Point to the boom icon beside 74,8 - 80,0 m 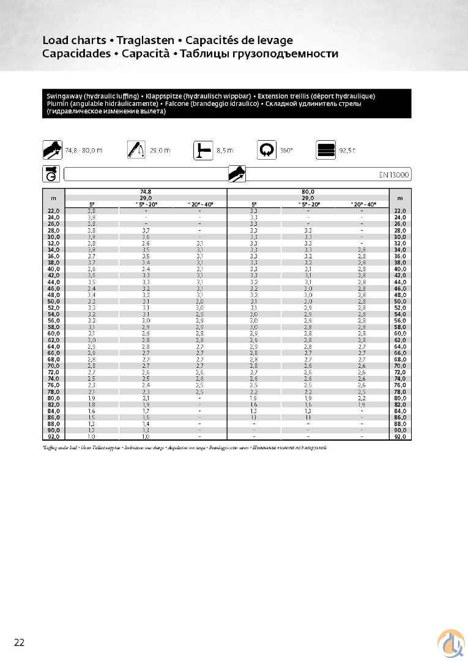click(52, 149)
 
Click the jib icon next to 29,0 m click(136, 149)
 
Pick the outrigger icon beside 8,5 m click(202, 149)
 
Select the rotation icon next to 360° click(267, 149)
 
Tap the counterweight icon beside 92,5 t click(325, 149)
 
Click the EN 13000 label click(393, 175)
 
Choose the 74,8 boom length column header click(146, 192)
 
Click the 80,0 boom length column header click(308, 192)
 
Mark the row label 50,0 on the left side click(54, 302)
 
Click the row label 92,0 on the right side click(400, 437)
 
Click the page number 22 click(20, 641)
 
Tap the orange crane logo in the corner click(450, 643)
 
